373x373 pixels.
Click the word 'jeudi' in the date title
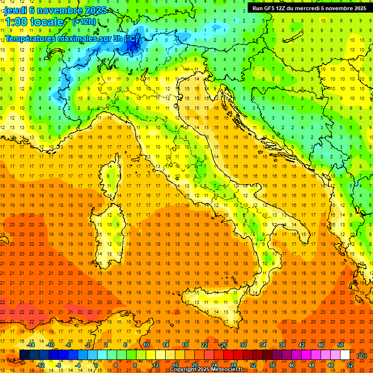pos(16,10)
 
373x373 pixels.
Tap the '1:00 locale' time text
pos(34,22)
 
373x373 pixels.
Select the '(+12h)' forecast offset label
pos(84,21)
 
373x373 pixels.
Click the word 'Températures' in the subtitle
pos(30,38)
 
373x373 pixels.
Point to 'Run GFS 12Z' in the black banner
pos(270,8)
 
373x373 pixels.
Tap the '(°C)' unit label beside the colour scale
pos(362,356)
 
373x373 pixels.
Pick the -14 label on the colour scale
pos(31,345)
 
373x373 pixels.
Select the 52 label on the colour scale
pos(350,365)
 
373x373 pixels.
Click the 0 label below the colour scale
pos(96,365)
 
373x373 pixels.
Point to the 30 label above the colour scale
pos(242,345)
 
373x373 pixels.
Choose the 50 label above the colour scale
pos(340,345)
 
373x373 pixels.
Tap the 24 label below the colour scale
pos(214,365)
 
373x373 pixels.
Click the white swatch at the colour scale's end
pos(345,355)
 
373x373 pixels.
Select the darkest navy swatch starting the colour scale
pos(24,355)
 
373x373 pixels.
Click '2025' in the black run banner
pos(358,8)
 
